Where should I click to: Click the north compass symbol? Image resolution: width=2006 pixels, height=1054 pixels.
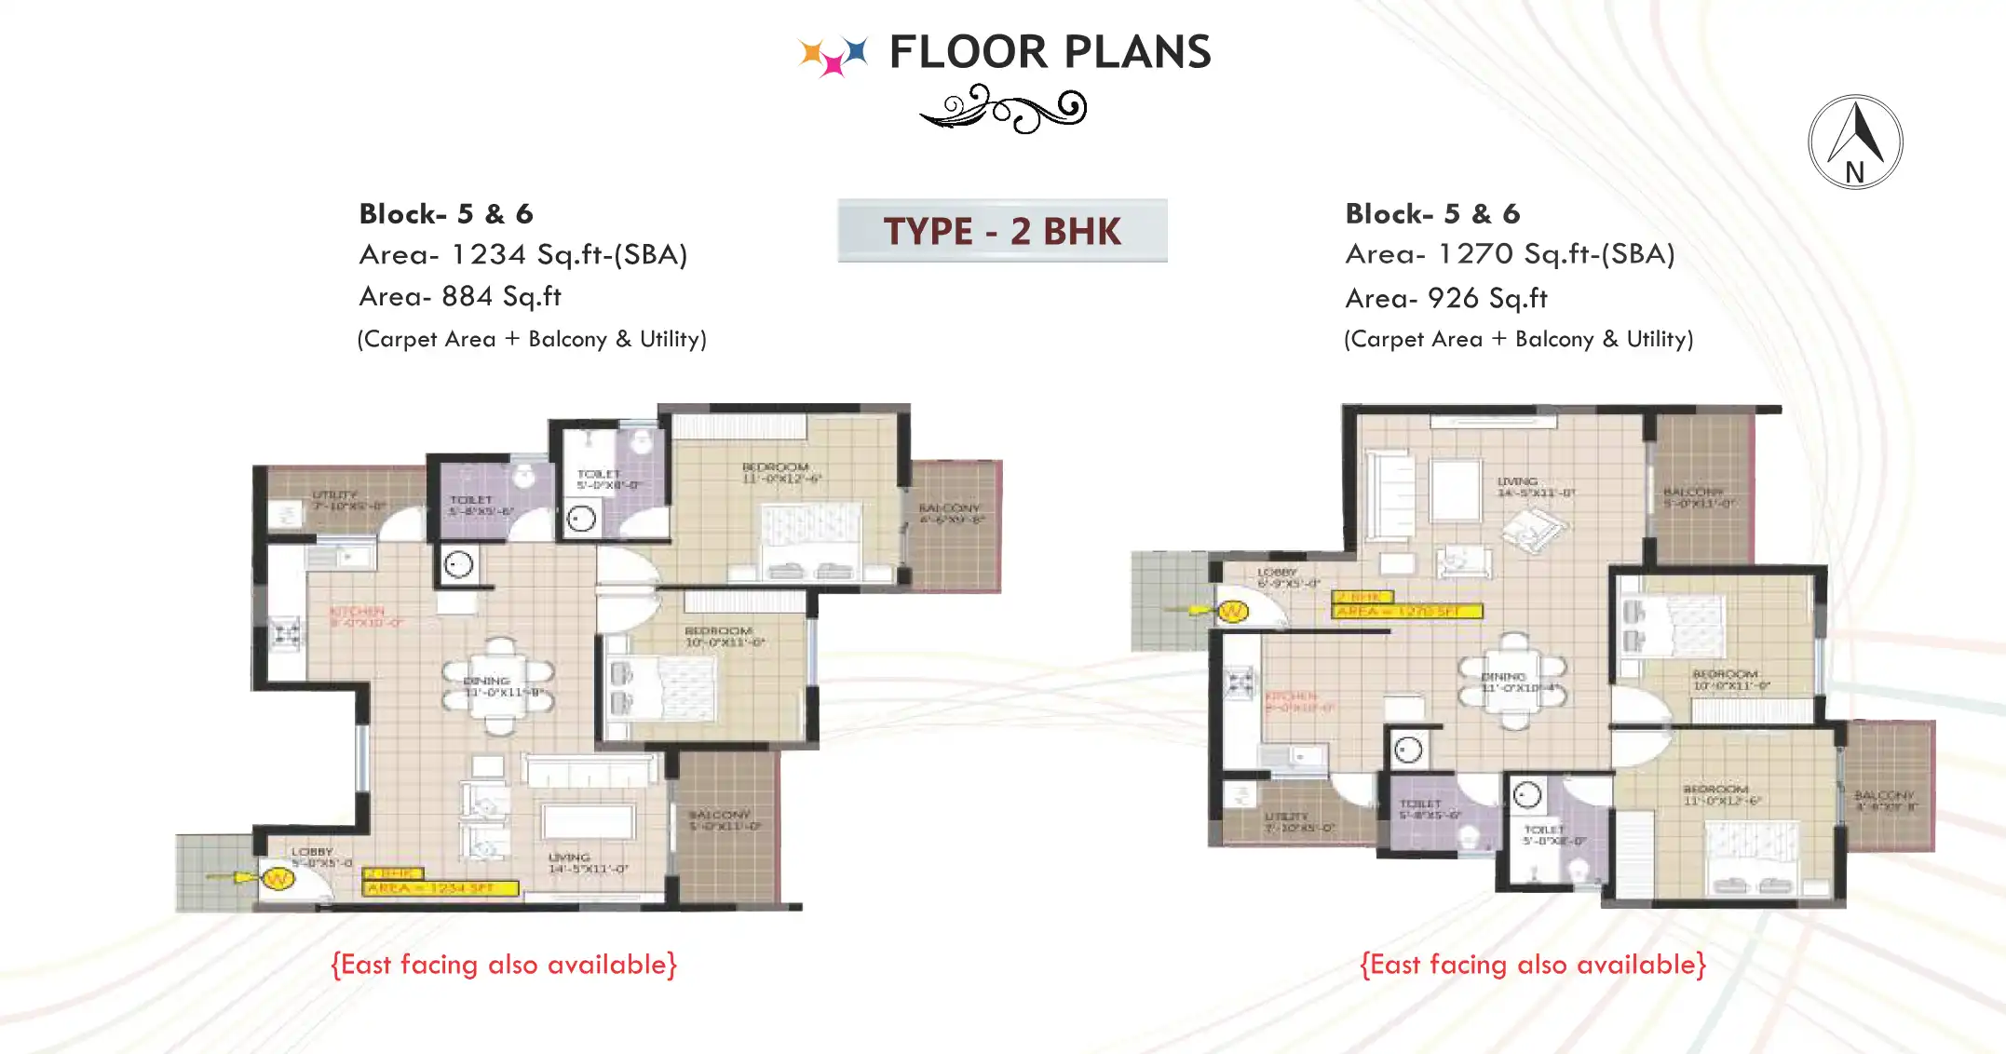pyautogui.click(x=1855, y=142)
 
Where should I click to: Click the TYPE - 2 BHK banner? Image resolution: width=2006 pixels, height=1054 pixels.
pyautogui.click(x=1002, y=231)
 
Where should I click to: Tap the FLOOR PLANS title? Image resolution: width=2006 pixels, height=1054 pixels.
pyautogui.click(x=1050, y=52)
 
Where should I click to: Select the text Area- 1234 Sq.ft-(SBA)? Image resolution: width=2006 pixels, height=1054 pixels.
pyautogui.click(x=523, y=254)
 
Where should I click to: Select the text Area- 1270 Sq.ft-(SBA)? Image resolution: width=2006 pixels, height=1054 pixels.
pyautogui.click(x=1510, y=253)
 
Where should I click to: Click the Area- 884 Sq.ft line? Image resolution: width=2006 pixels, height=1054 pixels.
pyautogui.click(x=460, y=296)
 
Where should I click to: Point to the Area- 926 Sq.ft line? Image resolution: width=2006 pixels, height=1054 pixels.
pyautogui.click(x=1446, y=298)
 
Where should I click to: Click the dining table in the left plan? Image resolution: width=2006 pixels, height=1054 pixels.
pyautogui.click(x=499, y=688)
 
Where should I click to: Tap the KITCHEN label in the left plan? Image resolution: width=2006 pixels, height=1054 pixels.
pyautogui.click(x=357, y=612)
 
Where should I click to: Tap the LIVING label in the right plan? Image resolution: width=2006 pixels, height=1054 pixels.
pyautogui.click(x=1517, y=481)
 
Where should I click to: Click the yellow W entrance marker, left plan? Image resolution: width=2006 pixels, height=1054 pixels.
pyautogui.click(x=277, y=878)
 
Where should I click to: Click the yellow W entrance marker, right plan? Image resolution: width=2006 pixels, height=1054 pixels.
pyautogui.click(x=1232, y=612)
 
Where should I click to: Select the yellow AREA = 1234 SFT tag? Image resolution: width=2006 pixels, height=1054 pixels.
pyautogui.click(x=440, y=888)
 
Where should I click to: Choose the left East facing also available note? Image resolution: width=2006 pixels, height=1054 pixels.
pyautogui.click(x=504, y=965)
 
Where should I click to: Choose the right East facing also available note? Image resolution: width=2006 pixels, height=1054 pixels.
pyautogui.click(x=1533, y=965)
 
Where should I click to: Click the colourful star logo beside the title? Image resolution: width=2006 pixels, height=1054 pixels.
pyautogui.click(x=834, y=54)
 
